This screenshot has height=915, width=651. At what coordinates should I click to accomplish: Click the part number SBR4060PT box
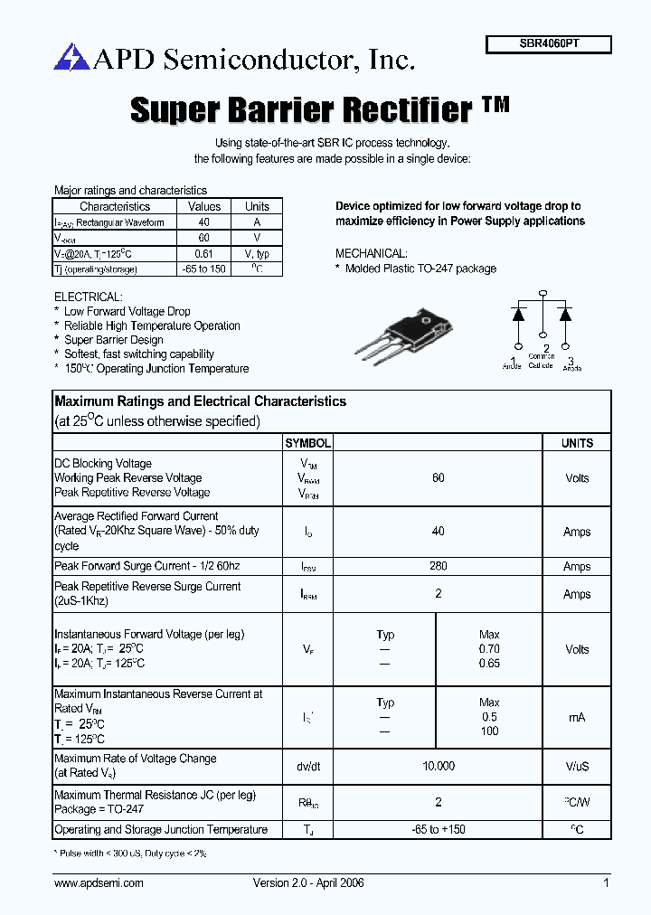pos(549,44)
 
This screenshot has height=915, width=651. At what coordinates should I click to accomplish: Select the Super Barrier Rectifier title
pos(302,109)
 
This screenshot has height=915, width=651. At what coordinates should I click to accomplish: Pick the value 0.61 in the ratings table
pos(204,255)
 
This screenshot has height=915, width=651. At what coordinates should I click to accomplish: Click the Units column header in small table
pos(257,206)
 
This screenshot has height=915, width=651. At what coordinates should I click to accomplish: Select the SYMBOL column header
pos(308,443)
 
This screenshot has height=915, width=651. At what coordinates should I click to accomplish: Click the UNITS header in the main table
pos(577,443)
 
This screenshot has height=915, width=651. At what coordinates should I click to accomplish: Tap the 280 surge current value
pos(439,566)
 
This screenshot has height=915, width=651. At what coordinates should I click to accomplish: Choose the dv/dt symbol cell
pos(308,766)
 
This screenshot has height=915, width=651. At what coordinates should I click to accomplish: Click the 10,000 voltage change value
pos(439,766)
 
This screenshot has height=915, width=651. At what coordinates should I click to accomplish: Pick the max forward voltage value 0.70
pos(489,649)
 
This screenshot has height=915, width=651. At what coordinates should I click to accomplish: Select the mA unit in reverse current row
pos(577,717)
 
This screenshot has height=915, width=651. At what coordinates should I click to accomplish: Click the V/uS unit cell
pos(577,766)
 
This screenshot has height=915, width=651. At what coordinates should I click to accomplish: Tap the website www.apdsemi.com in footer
pos(99,882)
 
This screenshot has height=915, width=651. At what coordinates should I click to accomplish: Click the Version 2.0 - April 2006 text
pos(308,882)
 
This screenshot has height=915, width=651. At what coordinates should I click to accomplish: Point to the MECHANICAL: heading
pos(371,254)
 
